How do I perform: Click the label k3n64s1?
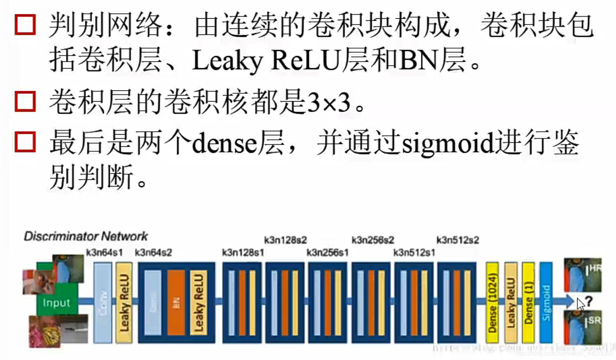coord(104,253)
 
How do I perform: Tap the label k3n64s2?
coord(153,253)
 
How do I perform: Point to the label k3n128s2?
coord(285,240)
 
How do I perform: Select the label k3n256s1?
coord(328,253)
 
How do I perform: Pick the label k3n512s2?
coord(458,240)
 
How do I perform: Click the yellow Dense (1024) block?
coord(492,303)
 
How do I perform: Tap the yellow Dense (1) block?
coord(528,303)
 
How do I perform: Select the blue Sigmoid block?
coord(546,303)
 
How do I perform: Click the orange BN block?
coord(176,303)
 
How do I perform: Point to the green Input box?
coord(56,302)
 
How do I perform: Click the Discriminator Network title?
coord(85,236)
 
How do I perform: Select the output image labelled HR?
coord(583,275)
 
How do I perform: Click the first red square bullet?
coord(25,24)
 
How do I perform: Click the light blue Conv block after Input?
coord(102,303)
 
